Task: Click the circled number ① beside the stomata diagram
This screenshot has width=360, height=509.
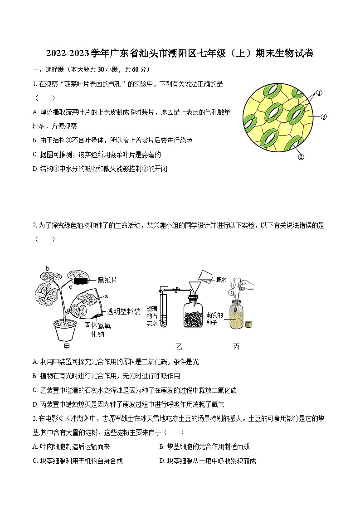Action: point(319,93)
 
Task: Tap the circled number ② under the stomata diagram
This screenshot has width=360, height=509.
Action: point(300,157)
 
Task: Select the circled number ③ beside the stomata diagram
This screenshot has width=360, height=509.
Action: point(323,117)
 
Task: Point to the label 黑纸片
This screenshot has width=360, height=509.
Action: point(107,281)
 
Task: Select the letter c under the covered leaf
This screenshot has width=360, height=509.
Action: point(70,286)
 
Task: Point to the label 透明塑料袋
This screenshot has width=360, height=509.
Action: point(123,312)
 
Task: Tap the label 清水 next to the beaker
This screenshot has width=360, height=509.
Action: point(222,280)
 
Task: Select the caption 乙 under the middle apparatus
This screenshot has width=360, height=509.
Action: point(179,347)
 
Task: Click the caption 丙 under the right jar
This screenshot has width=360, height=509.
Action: point(236,347)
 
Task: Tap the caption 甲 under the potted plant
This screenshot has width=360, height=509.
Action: point(67,347)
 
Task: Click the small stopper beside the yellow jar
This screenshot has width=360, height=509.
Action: point(248,324)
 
